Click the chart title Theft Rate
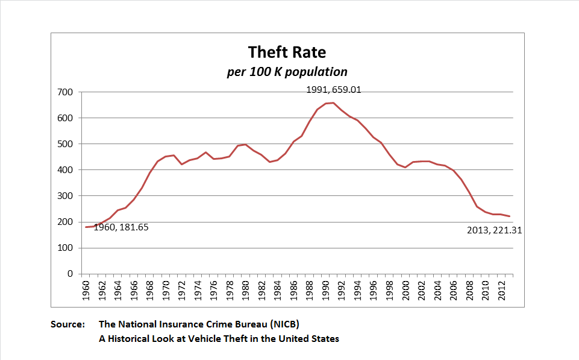(287, 52)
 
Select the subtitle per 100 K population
(287, 72)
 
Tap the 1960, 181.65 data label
(120, 227)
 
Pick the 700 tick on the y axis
(65, 92)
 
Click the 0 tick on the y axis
(70, 274)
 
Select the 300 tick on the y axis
(65, 196)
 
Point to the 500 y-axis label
(65, 144)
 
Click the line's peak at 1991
(334, 103)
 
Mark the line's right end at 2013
(509, 216)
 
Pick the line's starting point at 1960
(86, 227)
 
